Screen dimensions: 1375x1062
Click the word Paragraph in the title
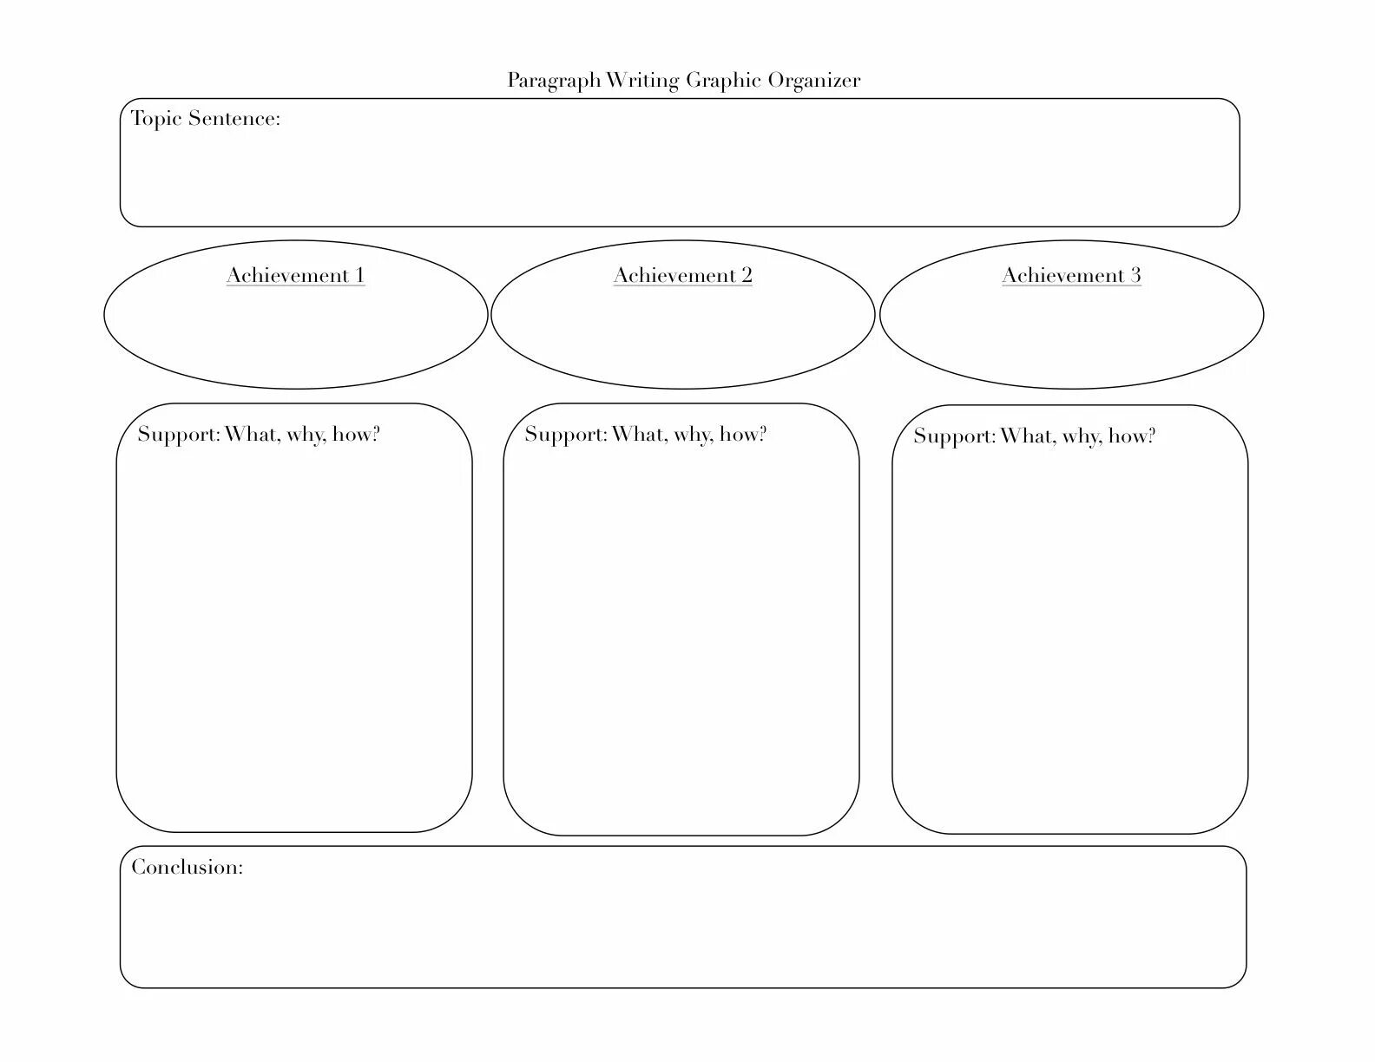(x=554, y=82)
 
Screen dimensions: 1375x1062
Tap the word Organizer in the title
(x=816, y=81)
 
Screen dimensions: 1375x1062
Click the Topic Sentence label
(x=206, y=119)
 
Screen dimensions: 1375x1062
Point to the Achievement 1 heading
(x=295, y=276)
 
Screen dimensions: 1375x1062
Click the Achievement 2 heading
(x=682, y=276)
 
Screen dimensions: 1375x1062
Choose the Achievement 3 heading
(x=1071, y=276)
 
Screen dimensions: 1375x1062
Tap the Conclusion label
(x=187, y=867)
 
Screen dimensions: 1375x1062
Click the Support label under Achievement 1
(x=180, y=435)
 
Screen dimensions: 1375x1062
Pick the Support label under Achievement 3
(x=955, y=436)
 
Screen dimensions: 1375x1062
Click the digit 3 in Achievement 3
(x=1135, y=276)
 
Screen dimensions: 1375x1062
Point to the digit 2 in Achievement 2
(x=746, y=276)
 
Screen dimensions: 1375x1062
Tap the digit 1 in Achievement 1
(x=359, y=276)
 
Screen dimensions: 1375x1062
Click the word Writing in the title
(x=642, y=82)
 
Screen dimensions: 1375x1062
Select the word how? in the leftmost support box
(x=356, y=435)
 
